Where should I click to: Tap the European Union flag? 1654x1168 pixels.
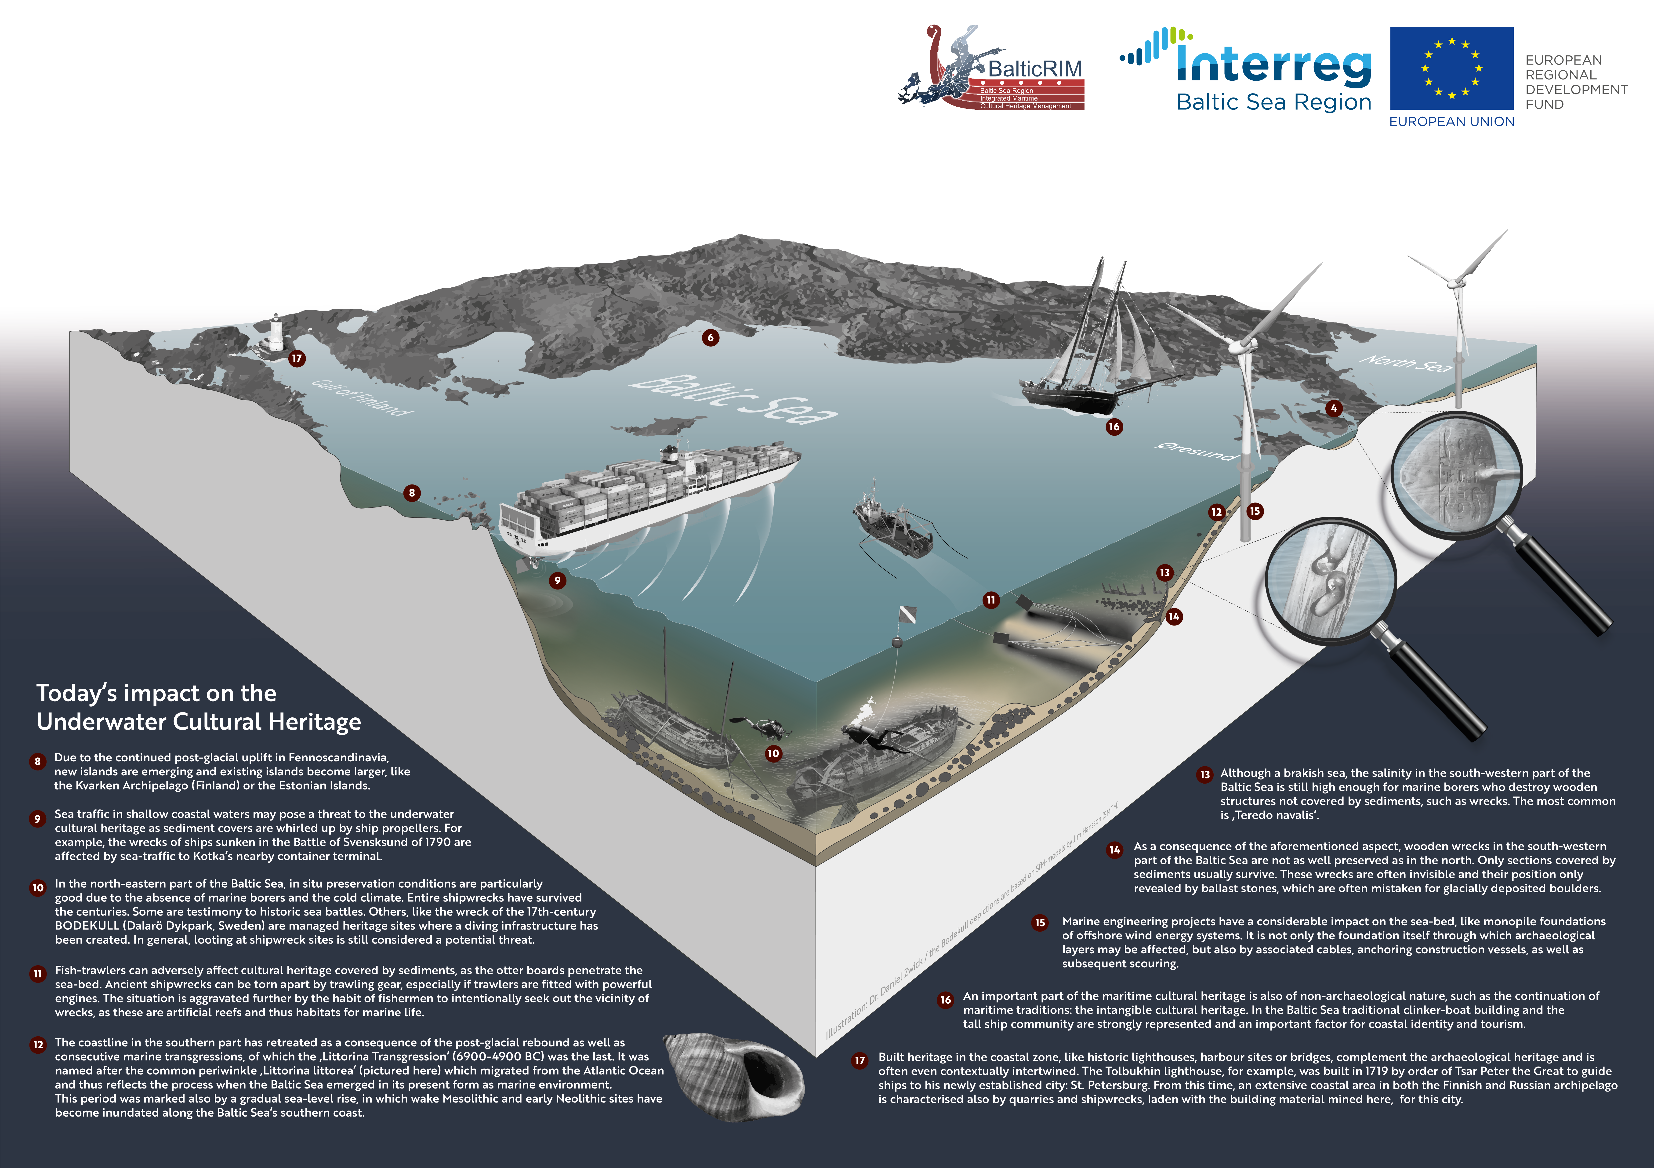tap(1451, 69)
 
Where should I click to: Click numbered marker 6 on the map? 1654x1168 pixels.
tap(710, 337)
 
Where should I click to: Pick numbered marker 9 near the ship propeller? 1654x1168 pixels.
tap(557, 580)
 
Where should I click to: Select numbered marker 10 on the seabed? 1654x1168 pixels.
tap(773, 753)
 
